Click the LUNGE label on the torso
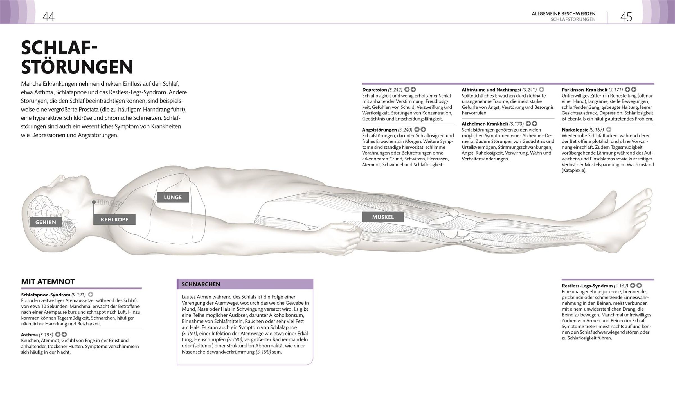[x=173, y=197]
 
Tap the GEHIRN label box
[x=46, y=222]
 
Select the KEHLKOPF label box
[x=114, y=219]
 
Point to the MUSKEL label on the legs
[x=383, y=217]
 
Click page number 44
[x=48, y=17]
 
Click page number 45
[x=626, y=17]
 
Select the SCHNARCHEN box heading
[x=201, y=284]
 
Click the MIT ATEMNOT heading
[x=48, y=282]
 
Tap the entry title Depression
[x=375, y=90]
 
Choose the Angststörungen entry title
[x=379, y=130]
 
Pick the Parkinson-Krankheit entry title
[x=585, y=90]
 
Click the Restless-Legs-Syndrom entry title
[x=587, y=286]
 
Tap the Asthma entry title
[x=29, y=335]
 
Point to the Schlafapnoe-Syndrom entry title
[x=46, y=295]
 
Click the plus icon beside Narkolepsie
[x=609, y=130]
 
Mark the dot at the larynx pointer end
[x=94, y=202]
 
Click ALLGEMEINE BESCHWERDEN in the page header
[x=563, y=13]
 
